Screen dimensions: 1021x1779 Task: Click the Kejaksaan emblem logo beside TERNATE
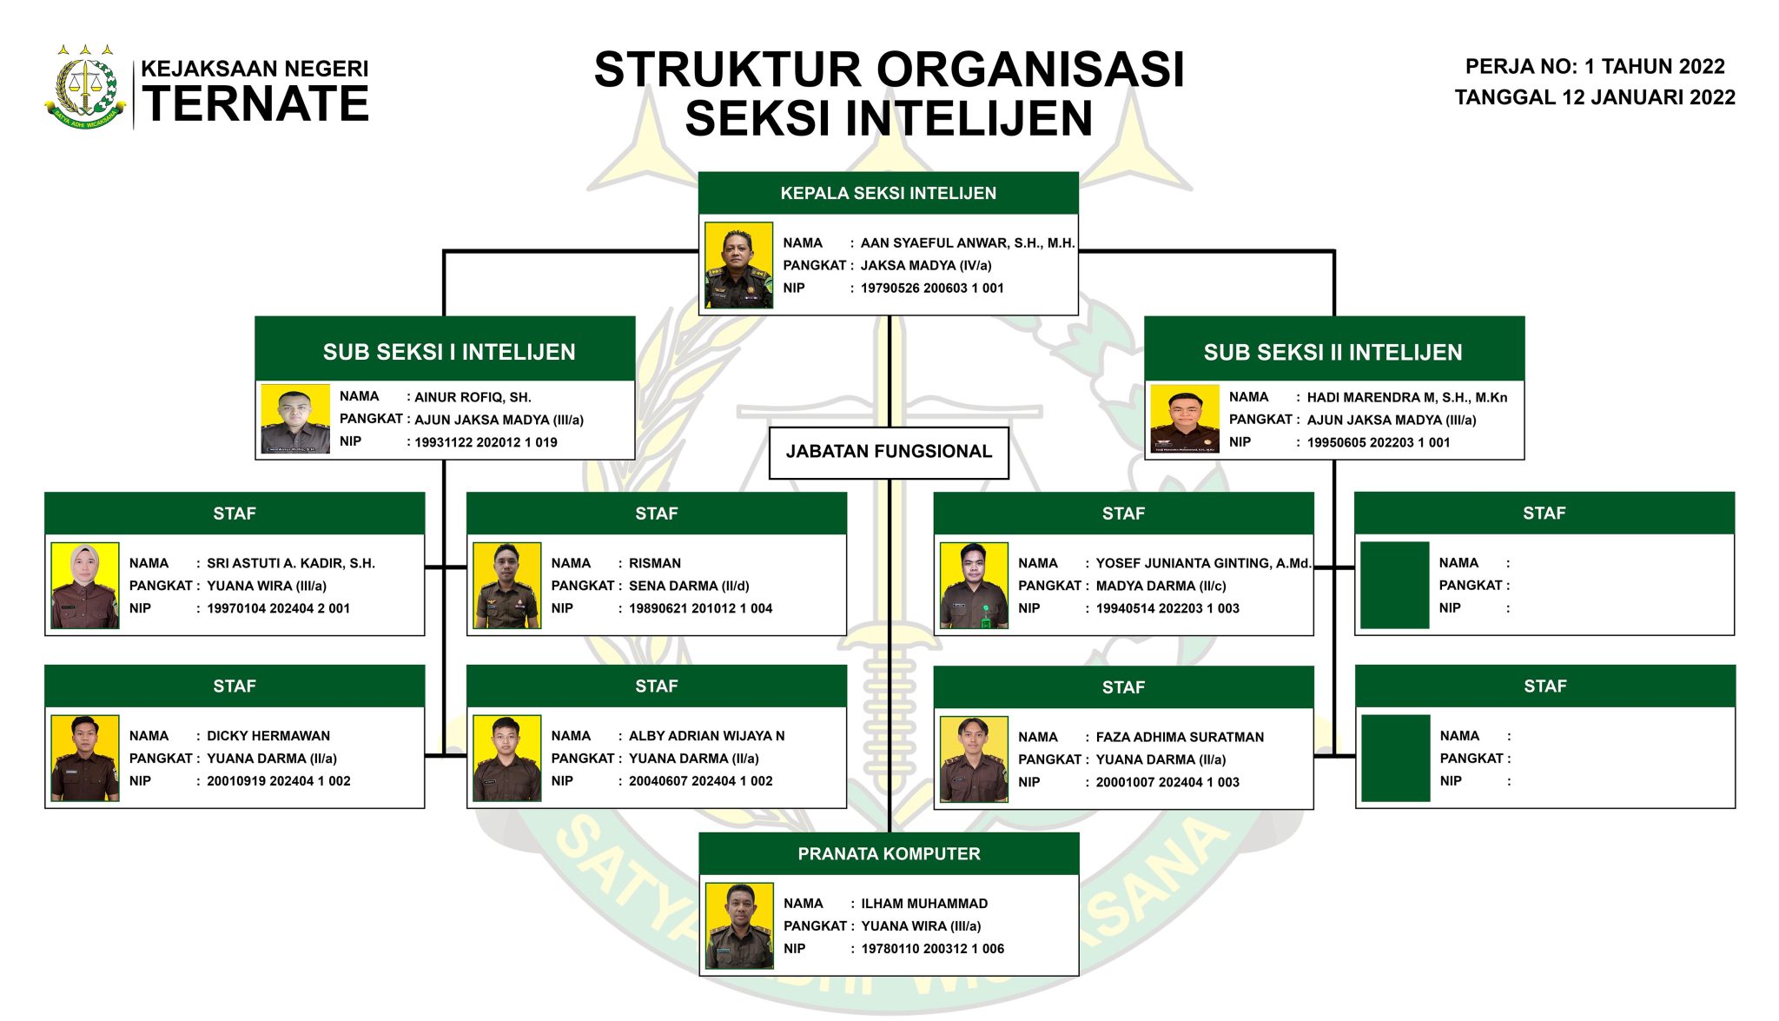click(x=85, y=87)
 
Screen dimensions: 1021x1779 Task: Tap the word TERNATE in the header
click(x=255, y=104)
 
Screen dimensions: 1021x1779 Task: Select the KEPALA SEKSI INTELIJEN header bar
click(x=888, y=193)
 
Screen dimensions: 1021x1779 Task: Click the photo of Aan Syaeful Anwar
click(x=738, y=266)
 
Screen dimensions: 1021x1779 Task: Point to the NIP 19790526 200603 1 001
click(x=931, y=288)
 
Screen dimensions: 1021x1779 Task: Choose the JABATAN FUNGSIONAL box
click(x=889, y=452)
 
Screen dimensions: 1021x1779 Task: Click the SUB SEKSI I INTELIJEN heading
click(x=449, y=352)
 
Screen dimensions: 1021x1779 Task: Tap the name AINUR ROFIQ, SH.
click(x=473, y=397)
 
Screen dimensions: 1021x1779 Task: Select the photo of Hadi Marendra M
click(x=1185, y=419)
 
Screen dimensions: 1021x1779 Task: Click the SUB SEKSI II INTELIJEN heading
click(x=1333, y=352)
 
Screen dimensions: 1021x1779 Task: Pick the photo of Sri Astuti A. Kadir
click(x=85, y=586)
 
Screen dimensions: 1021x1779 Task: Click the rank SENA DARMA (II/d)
click(x=689, y=586)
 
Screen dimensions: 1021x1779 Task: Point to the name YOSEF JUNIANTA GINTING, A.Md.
click(x=1203, y=563)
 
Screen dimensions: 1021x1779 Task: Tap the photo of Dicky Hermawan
click(x=85, y=758)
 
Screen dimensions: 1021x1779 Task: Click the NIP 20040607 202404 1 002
click(x=700, y=781)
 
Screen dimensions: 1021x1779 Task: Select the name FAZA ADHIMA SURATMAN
click(x=1180, y=737)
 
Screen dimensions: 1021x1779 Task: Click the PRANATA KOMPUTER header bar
click(x=889, y=854)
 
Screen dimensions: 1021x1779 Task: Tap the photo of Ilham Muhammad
click(x=739, y=926)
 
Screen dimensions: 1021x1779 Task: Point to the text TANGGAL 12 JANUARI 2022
click(x=1595, y=97)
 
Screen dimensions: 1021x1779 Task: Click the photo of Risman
click(x=507, y=586)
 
